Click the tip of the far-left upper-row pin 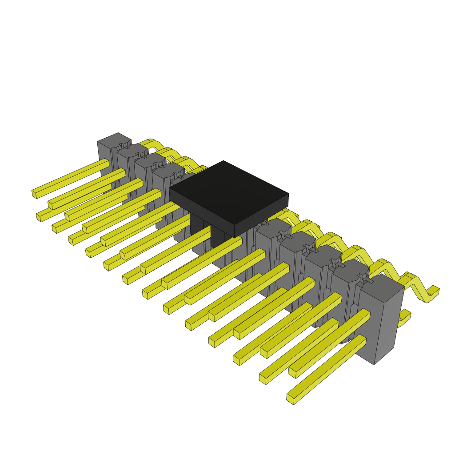[34, 193]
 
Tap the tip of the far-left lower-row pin [39, 217]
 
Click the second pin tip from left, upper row [51, 205]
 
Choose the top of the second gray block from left [132, 150]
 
